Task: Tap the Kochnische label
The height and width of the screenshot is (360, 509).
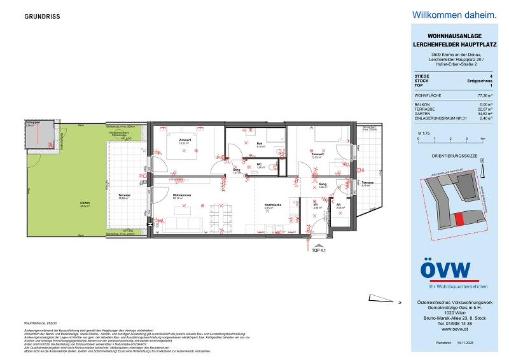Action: [x=272, y=205]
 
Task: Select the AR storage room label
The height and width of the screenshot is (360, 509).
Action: [x=340, y=205]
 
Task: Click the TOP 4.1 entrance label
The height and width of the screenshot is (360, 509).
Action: [x=318, y=251]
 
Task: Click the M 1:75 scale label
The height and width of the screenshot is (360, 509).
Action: [x=422, y=132]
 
